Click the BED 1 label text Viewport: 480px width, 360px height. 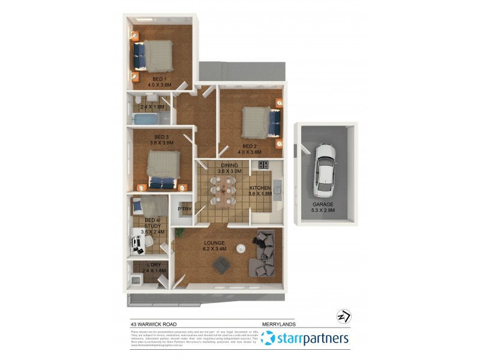pyautogui.click(x=159, y=79)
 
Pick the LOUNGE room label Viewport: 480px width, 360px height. pyautogui.click(x=214, y=243)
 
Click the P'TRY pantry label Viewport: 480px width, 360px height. pyautogui.click(x=184, y=209)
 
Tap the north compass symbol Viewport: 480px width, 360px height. pyautogui.click(x=343, y=316)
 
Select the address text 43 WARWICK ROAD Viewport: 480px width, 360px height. pyautogui.click(x=154, y=325)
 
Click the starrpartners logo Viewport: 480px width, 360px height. pyautogui.click(x=305, y=339)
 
